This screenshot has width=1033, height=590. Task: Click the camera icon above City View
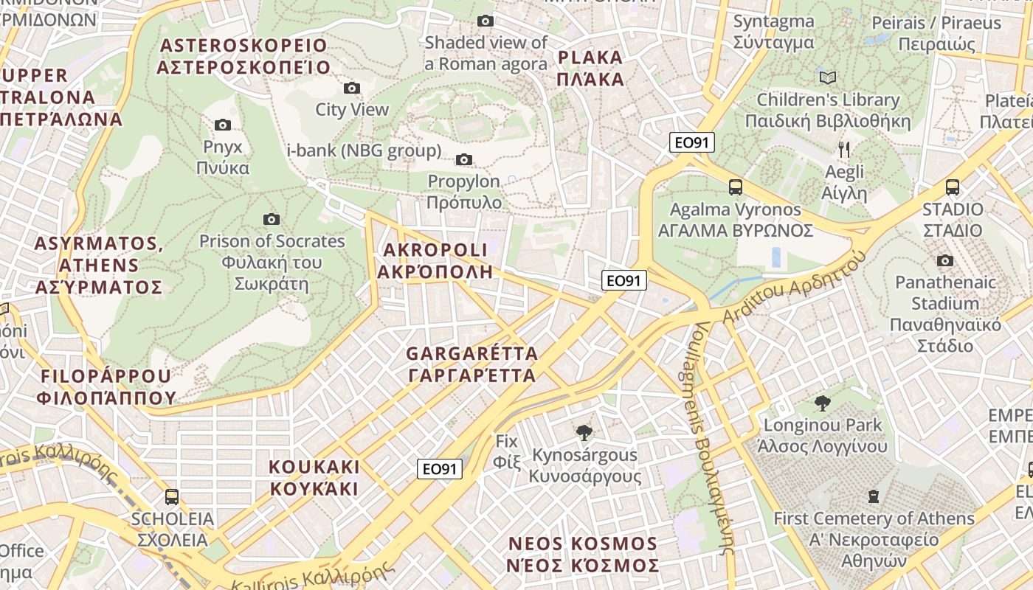[352, 88]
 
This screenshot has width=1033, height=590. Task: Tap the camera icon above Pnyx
[222, 125]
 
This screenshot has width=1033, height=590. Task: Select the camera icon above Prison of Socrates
[272, 219]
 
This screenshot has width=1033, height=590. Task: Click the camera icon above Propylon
[464, 159]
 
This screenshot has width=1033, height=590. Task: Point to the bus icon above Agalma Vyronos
[736, 187]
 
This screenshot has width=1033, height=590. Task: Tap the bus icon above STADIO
[953, 187]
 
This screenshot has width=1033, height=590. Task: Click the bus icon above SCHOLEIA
[172, 497]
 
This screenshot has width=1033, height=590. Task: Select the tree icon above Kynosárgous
[584, 432]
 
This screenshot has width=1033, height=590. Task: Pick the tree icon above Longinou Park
[823, 403]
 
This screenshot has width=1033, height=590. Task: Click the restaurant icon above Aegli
[844, 150]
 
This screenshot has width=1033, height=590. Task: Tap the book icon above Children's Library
[828, 77]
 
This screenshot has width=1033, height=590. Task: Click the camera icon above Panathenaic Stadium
[944, 260]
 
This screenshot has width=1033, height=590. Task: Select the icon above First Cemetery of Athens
[874, 496]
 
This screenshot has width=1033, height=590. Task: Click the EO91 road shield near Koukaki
[440, 469]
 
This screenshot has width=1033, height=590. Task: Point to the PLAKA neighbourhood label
[591, 68]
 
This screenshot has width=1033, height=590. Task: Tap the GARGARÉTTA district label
[472, 364]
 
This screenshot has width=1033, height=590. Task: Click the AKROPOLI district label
[435, 260]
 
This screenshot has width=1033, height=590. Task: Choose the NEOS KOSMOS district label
[583, 555]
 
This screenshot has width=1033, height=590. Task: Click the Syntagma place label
[773, 32]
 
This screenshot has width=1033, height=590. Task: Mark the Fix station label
[507, 451]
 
